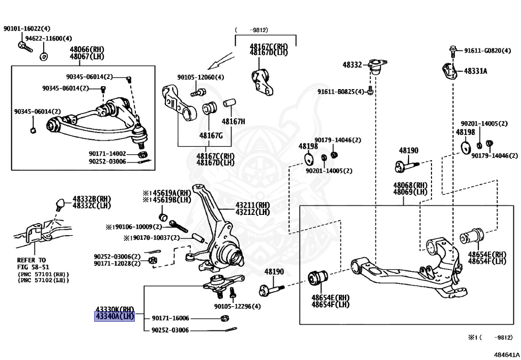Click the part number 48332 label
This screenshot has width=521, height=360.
352,65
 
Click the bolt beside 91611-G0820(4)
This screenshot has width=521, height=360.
453,50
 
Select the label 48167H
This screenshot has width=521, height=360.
233,122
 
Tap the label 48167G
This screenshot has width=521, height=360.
211,135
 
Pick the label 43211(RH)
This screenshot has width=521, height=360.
252,205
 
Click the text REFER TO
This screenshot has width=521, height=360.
31,260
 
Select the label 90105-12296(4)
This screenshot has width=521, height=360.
237,307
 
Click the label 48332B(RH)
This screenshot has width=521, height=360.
92,199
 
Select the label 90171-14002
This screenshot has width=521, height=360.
107,153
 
